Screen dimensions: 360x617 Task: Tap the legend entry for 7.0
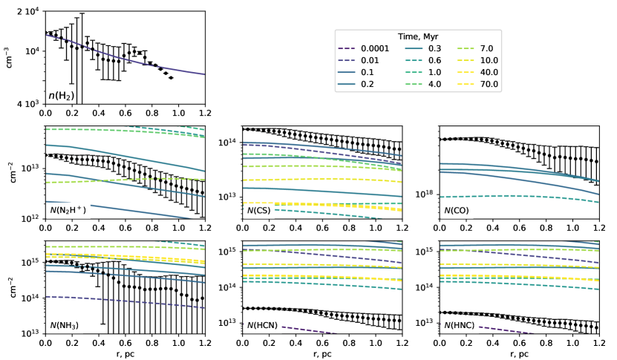coord(488,48)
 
